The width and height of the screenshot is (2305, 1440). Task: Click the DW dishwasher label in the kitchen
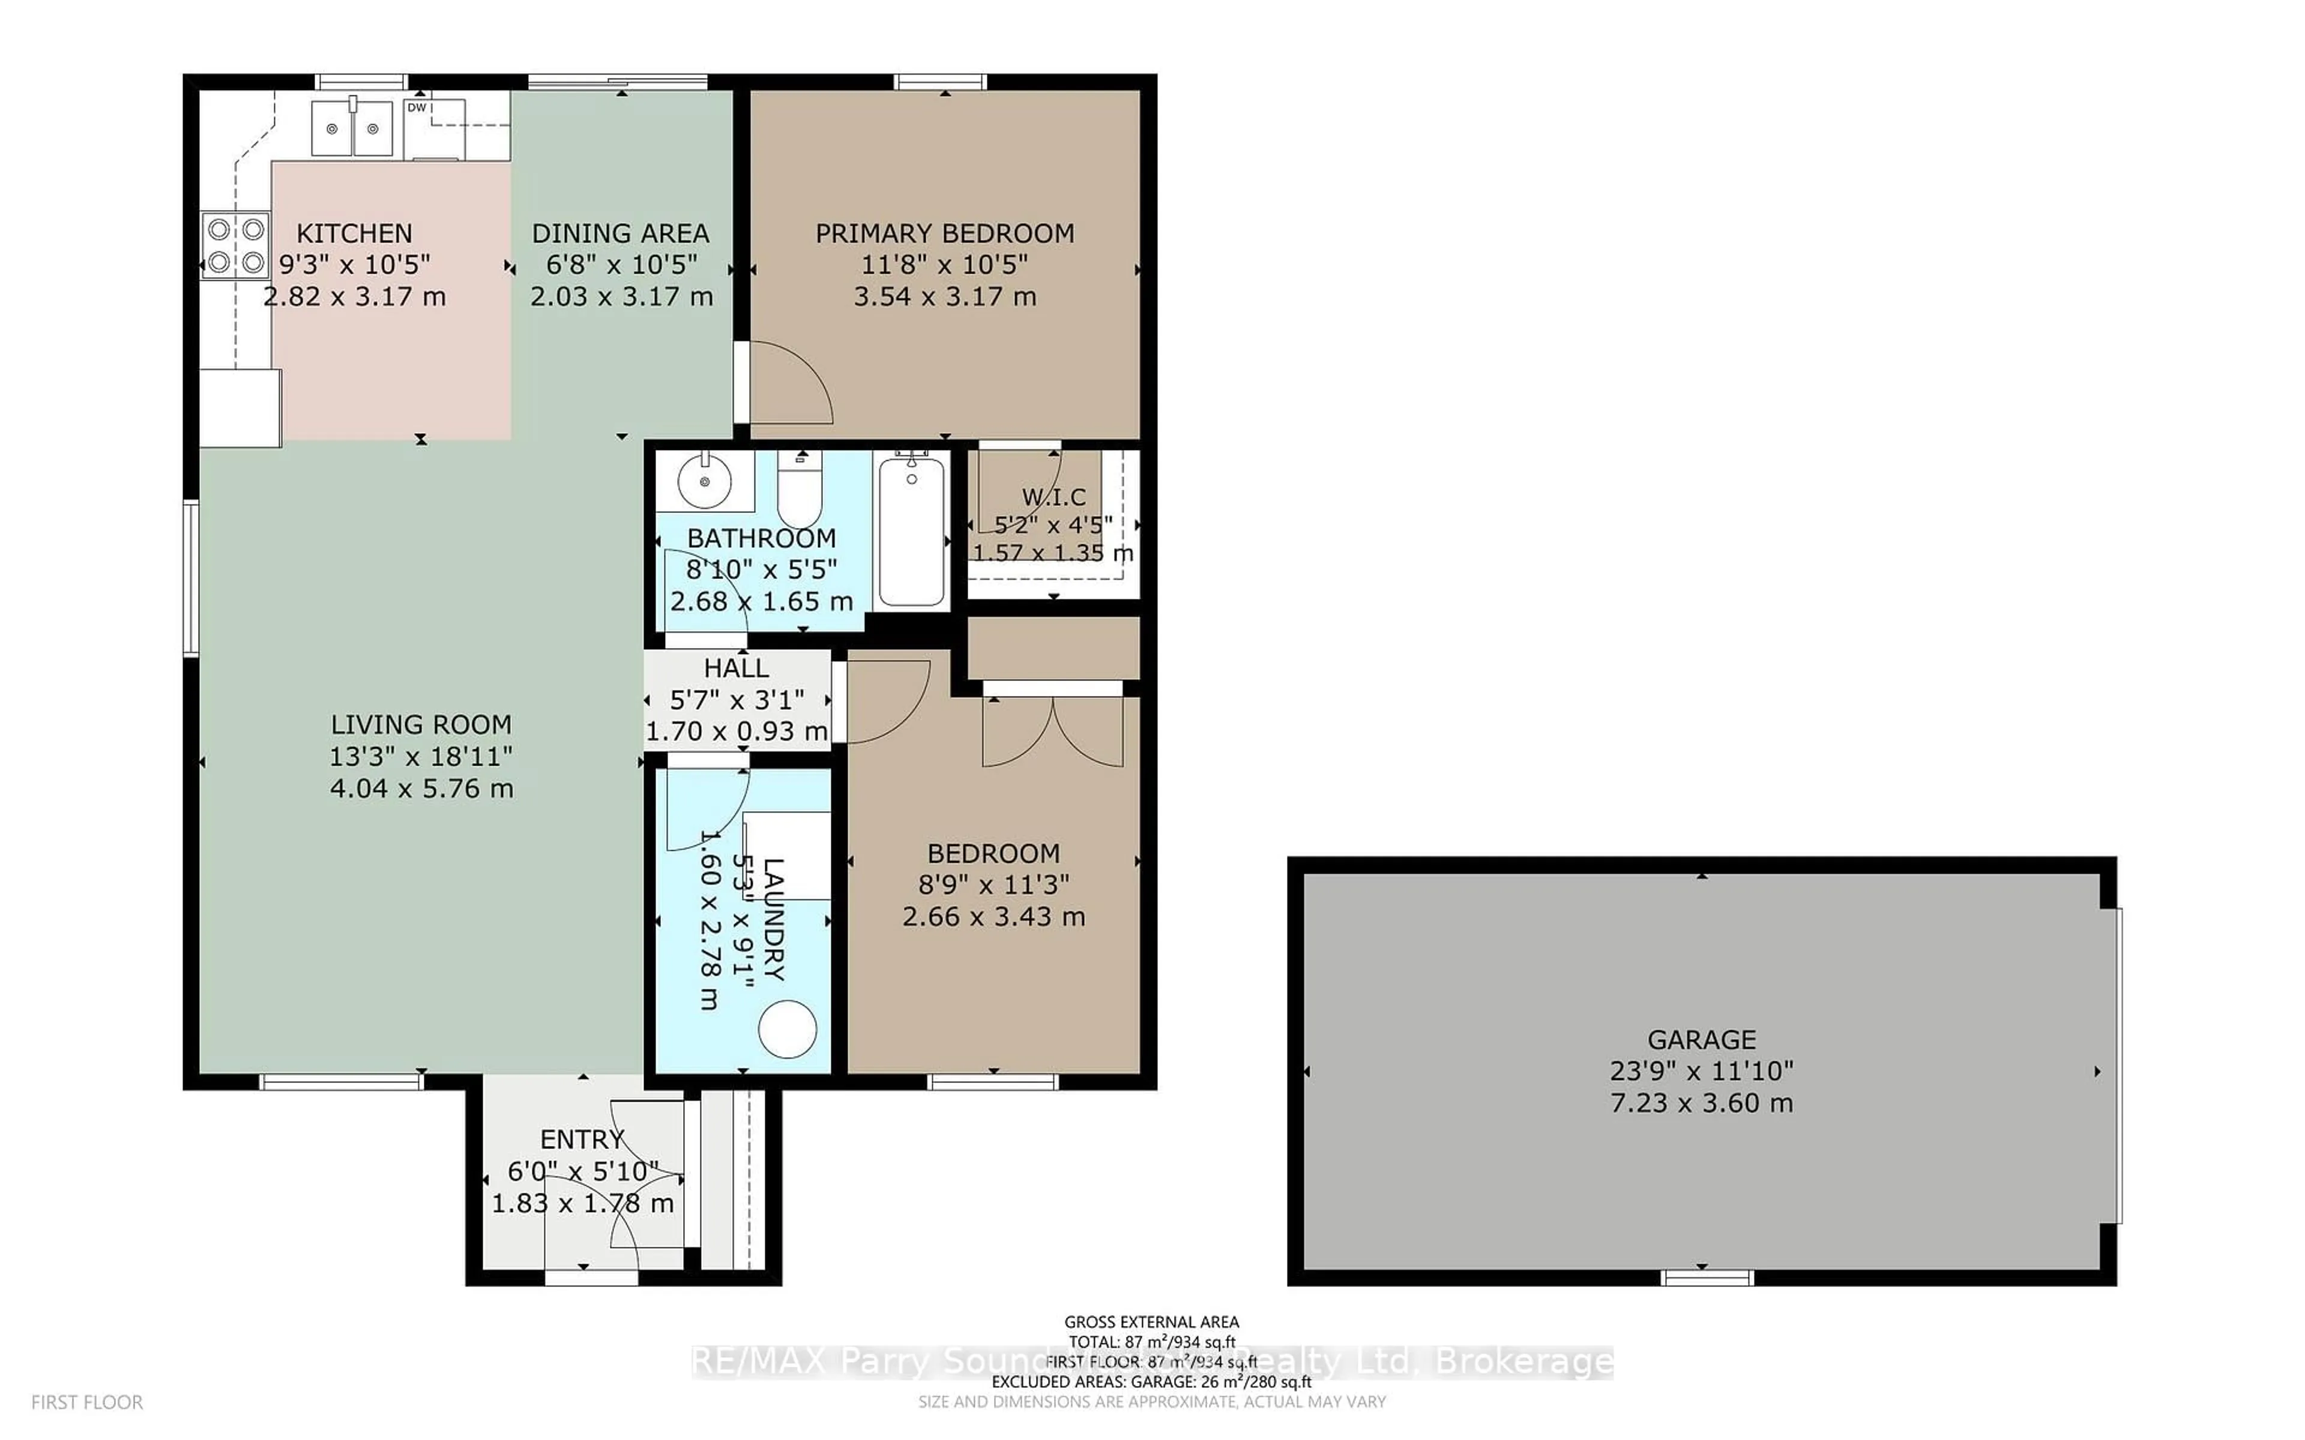[416, 107]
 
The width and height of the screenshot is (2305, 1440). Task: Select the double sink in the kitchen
[352, 128]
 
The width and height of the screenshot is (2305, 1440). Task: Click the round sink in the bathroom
[704, 482]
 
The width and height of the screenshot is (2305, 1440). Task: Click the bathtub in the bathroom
[912, 532]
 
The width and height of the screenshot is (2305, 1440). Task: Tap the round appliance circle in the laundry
[788, 1030]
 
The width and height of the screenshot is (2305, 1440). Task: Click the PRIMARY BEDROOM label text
[944, 233]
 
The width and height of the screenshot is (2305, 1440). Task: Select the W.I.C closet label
[1053, 496]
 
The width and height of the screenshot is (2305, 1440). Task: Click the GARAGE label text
[1701, 1039]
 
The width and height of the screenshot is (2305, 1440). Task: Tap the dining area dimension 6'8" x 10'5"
[621, 265]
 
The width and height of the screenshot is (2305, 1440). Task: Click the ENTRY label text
[582, 1139]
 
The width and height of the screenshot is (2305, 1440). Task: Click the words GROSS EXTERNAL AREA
[1151, 1322]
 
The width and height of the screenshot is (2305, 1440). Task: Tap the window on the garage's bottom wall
[1707, 1277]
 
